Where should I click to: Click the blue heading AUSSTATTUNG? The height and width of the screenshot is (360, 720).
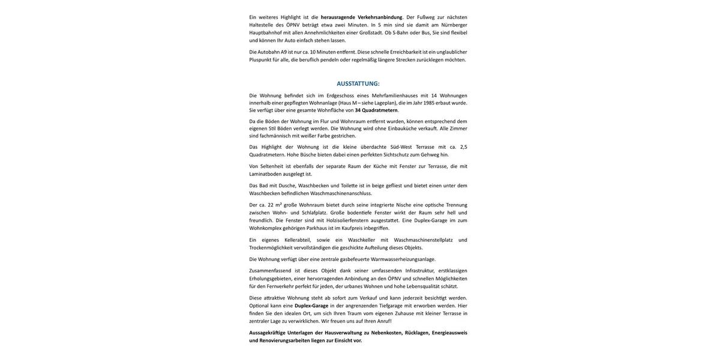coord(358,83)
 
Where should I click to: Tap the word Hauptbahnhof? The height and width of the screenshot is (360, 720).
coord(265,32)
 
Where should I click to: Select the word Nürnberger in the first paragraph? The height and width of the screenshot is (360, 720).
coord(454,25)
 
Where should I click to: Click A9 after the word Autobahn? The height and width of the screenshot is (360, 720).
coord(284,52)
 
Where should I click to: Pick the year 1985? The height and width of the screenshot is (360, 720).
coord(429,103)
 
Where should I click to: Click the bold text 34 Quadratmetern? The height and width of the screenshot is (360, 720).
coord(376,110)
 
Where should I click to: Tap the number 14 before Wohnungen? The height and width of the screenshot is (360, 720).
coord(434,95)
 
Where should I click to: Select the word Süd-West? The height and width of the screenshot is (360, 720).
coord(401,147)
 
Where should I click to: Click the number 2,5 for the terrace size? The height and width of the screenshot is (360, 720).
coord(463,147)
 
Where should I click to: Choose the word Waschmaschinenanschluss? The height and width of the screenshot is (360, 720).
coord(341,193)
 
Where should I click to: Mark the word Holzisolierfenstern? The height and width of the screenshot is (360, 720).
coord(347,220)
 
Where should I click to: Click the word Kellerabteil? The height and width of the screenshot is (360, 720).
coord(298,240)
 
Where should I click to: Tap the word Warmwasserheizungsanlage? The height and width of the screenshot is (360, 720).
coord(403,259)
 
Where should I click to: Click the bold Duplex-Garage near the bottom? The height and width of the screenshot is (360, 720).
coord(311,306)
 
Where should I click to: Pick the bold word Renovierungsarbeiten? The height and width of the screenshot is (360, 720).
coord(284,341)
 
